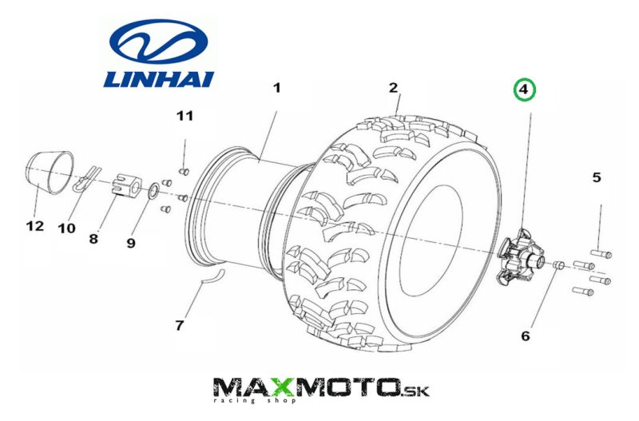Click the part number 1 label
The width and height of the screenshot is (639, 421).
click(276, 88)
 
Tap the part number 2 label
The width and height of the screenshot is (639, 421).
click(394, 88)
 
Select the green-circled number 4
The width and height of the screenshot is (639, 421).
click(524, 90)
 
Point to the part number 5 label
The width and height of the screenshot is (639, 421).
click(596, 177)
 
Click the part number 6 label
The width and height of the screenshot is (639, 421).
click(525, 336)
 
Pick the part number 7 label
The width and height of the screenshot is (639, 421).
click(179, 325)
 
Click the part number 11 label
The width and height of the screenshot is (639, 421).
click(185, 117)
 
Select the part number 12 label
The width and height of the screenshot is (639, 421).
click(34, 226)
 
